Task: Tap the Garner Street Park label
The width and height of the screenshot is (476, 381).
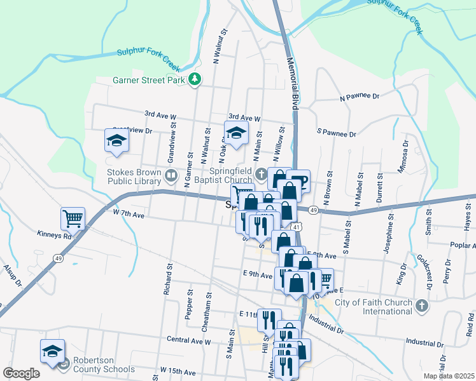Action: pyautogui.click(x=148, y=81)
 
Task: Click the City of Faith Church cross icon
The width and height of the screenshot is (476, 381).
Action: pyautogui.click(x=421, y=307)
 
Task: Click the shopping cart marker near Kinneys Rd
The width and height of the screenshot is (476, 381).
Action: pyautogui.click(x=73, y=219)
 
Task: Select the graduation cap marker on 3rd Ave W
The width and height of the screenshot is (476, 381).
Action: pyautogui.click(x=236, y=134)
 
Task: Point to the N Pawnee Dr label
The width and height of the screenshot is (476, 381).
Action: pyautogui.click(x=360, y=98)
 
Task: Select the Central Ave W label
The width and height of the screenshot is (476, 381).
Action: pyautogui.click(x=188, y=341)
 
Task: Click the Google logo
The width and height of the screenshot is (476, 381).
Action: pyautogui.click(x=21, y=373)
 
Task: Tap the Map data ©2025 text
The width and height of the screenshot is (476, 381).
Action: pyautogui.click(x=449, y=376)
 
